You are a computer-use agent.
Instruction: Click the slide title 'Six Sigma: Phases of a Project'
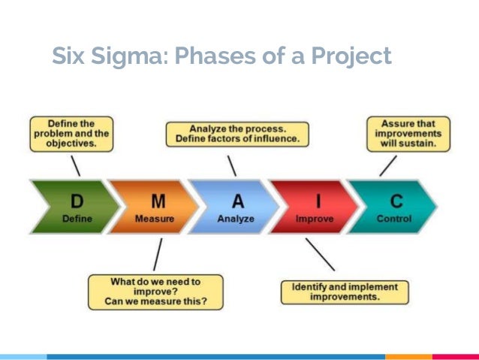[x=221, y=56]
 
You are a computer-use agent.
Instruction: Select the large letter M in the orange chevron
[x=158, y=201]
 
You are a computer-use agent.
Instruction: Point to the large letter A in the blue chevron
[x=237, y=201]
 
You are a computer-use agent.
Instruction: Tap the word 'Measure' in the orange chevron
[x=155, y=219]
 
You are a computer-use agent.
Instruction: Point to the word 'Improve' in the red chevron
[x=315, y=219]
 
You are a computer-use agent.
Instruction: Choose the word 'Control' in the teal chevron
[x=393, y=219]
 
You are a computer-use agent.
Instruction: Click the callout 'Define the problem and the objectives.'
[x=71, y=134]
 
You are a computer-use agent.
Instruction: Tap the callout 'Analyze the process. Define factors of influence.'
[x=237, y=134]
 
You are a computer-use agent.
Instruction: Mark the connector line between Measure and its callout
[x=157, y=255]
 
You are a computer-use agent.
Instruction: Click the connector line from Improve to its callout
[x=320, y=254]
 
